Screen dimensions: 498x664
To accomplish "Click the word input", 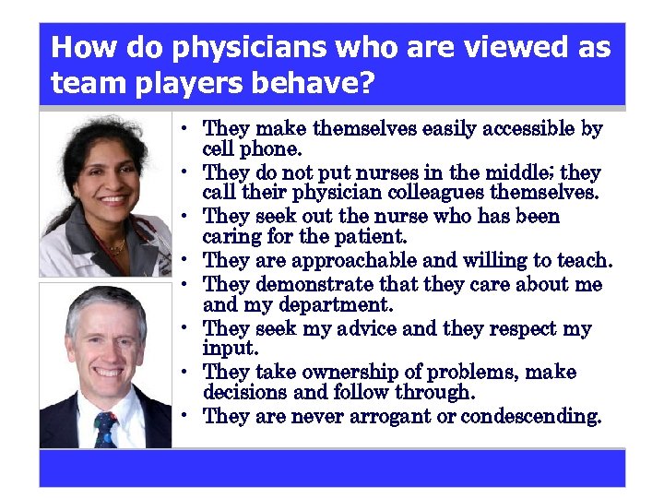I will coord(226,349).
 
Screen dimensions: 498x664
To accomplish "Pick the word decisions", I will coord(244,394).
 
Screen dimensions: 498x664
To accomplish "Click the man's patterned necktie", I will coord(103,427).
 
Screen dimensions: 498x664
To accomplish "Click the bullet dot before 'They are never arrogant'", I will coord(185,416).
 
